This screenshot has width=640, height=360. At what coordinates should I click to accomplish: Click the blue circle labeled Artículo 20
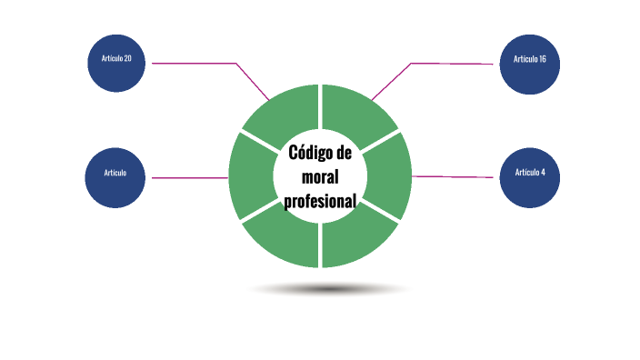click(x=115, y=64)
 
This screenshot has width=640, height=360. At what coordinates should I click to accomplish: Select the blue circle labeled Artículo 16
click(x=530, y=64)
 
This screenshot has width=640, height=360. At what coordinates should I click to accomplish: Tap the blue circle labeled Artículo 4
click(x=530, y=176)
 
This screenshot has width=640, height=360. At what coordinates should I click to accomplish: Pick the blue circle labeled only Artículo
click(x=115, y=176)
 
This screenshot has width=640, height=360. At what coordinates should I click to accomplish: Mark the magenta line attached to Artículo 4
click(x=455, y=176)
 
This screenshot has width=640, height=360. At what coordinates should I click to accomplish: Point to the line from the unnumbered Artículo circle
click(x=191, y=178)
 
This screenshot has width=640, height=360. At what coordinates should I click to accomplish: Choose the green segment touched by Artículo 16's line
click(x=358, y=113)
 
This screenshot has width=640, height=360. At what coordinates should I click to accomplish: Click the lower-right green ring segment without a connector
click(x=358, y=242)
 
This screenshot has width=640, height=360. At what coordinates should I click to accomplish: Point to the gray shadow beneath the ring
click(x=327, y=289)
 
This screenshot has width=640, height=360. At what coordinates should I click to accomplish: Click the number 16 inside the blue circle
click(x=542, y=60)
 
